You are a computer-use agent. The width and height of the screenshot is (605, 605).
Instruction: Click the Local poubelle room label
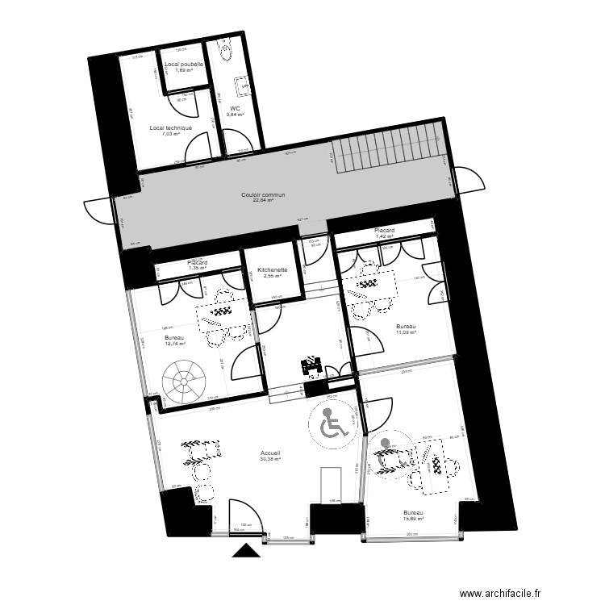(184, 64)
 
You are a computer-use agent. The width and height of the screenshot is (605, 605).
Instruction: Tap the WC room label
(235, 108)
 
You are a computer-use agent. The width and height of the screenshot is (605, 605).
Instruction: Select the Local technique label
(171, 127)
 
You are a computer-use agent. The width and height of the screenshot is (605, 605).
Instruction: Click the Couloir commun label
(263, 194)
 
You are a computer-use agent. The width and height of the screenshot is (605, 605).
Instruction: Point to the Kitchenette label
(273, 270)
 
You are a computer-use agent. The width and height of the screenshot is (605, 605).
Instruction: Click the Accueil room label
(270, 453)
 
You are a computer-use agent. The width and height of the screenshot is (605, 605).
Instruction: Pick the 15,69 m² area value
(414, 519)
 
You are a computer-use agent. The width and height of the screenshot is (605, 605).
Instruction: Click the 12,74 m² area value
(175, 344)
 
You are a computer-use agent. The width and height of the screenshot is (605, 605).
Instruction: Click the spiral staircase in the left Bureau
(186, 382)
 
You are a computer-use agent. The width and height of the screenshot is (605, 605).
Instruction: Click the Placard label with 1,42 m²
(384, 231)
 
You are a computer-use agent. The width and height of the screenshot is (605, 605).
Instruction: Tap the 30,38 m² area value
(270, 460)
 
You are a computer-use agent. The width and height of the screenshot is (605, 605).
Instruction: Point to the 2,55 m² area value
(273, 277)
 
